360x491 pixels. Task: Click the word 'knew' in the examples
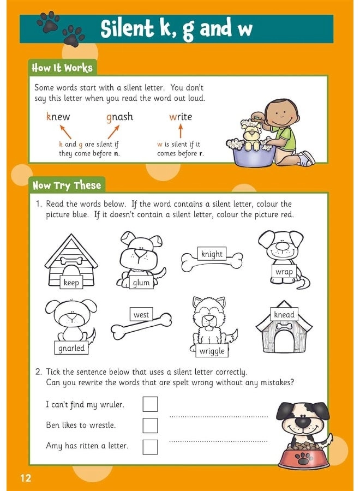point(58,117)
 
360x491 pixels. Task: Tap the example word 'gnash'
point(119,117)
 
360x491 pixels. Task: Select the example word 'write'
point(181,117)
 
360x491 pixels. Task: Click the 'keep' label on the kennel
point(71,282)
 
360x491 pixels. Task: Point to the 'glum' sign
point(141,283)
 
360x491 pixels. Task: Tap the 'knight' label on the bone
point(212,254)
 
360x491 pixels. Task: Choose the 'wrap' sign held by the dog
point(284,272)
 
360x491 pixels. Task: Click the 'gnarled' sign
point(71,348)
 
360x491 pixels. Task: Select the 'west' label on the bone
point(141,315)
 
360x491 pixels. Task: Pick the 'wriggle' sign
point(212,351)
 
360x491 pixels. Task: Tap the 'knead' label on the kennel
point(284,315)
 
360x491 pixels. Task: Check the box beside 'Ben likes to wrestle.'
point(150,425)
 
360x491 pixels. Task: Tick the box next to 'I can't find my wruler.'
point(150,404)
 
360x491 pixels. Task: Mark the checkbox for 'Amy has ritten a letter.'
point(150,446)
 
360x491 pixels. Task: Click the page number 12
point(26,478)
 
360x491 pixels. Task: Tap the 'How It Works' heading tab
point(62,68)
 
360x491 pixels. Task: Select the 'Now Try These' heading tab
point(67,185)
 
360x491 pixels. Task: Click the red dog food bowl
point(304,459)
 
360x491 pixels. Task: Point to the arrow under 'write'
point(181,131)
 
